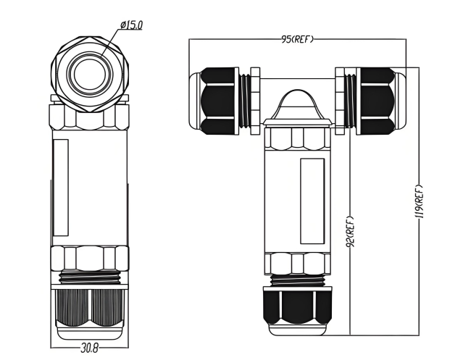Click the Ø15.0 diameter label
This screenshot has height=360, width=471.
[131, 25]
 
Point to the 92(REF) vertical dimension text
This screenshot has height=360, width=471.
[350, 231]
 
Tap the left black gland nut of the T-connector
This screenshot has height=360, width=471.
[219, 101]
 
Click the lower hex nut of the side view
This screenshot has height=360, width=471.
[89, 259]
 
